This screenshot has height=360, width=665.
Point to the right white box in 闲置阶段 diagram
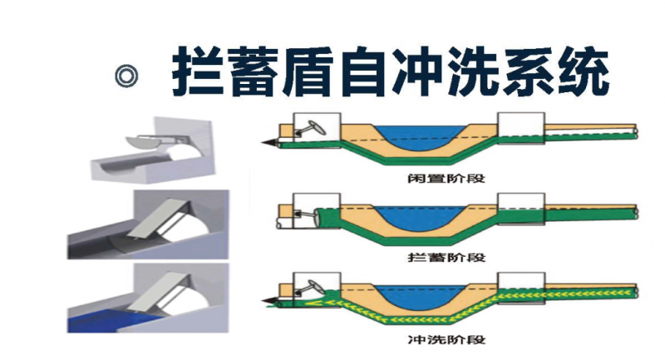click(520, 126)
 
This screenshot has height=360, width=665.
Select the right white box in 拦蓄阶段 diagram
click(520, 205)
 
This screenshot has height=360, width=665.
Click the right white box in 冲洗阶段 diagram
click(520, 285)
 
